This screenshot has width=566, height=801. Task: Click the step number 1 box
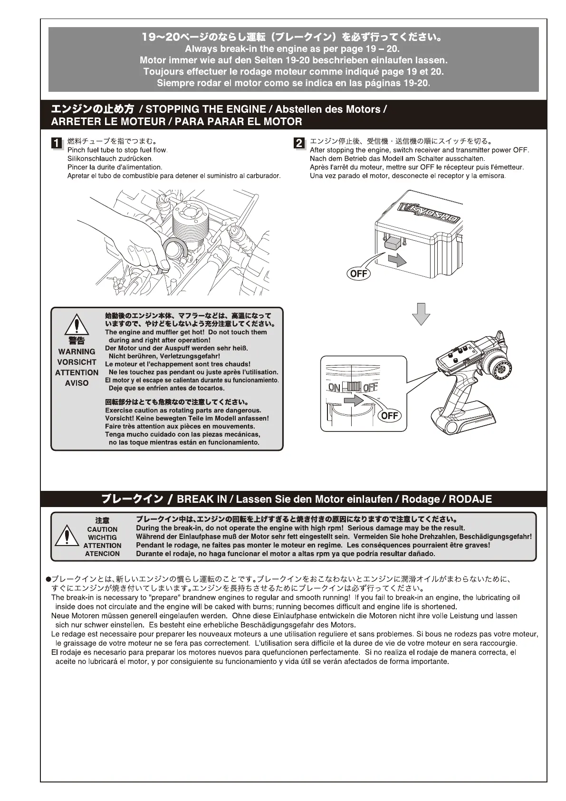click(57, 143)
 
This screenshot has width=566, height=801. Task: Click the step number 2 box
click(299, 143)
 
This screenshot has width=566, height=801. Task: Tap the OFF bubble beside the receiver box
click(359, 273)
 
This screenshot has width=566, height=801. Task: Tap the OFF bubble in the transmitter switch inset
click(389, 415)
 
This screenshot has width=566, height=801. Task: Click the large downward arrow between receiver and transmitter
click(421, 313)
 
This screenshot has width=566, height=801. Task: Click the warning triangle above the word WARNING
click(76, 325)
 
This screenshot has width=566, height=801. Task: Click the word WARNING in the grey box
click(77, 352)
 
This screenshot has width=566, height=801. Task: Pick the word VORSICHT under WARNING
click(77, 362)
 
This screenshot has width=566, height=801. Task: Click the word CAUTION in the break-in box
click(102, 529)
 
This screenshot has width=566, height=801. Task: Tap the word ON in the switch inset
click(334, 388)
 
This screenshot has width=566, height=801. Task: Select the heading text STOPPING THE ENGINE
click(206, 109)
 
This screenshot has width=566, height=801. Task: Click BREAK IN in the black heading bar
click(201, 499)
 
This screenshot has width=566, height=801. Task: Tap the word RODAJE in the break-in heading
click(470, 499)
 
